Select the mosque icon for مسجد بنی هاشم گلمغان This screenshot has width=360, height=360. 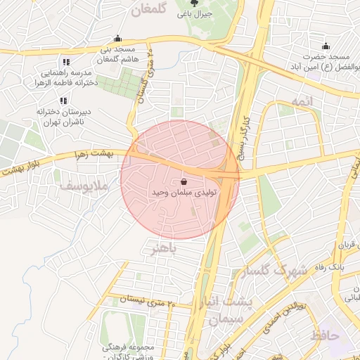click(117, 39)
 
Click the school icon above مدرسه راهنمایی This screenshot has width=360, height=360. click(65, 62)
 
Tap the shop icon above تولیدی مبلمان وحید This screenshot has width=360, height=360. click(184, 181)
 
